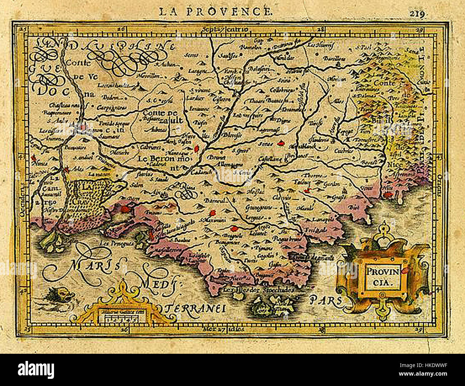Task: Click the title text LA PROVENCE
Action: pyautogui.click(x=215, y=11)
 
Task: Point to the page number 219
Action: pyautogui.click(x=417, y=14)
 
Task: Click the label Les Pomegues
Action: pyautogui.click(x=117, y=242)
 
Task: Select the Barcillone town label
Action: pyautogui.click(x=336, y=58)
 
